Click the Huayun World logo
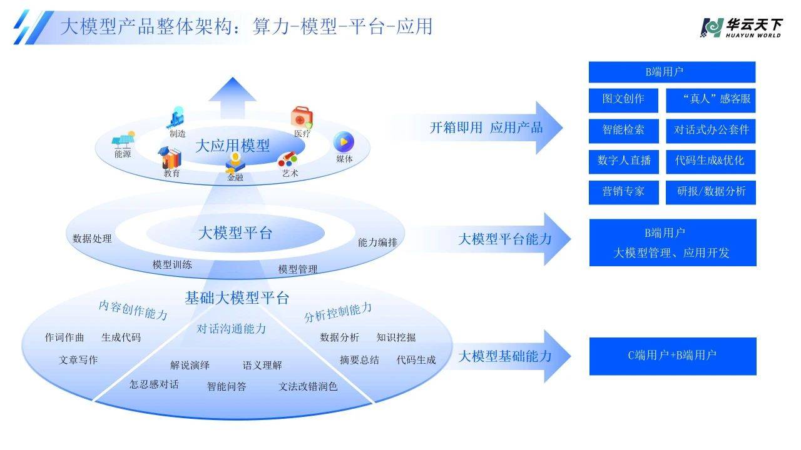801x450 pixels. pos(741,27)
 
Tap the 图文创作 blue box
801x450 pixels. pos(623,99)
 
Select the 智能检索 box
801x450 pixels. pos(623,131)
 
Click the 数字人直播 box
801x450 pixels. pos(623,161)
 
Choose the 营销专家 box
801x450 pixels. pos(623,192)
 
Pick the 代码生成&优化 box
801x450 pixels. pos(710,161)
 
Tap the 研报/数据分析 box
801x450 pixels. pos(710,192)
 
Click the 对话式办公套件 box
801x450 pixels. pos(710,131)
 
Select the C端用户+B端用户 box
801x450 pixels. pos(673,356)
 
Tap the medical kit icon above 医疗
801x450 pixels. pos(302,117)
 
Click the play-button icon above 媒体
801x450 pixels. pos(344,141)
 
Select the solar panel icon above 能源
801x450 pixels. pos(123,139)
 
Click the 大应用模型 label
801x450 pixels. pos(232,146)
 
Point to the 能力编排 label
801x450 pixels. pos(377,242)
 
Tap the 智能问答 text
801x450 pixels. pos(227,387)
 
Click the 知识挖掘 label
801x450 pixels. pos(396,337)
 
